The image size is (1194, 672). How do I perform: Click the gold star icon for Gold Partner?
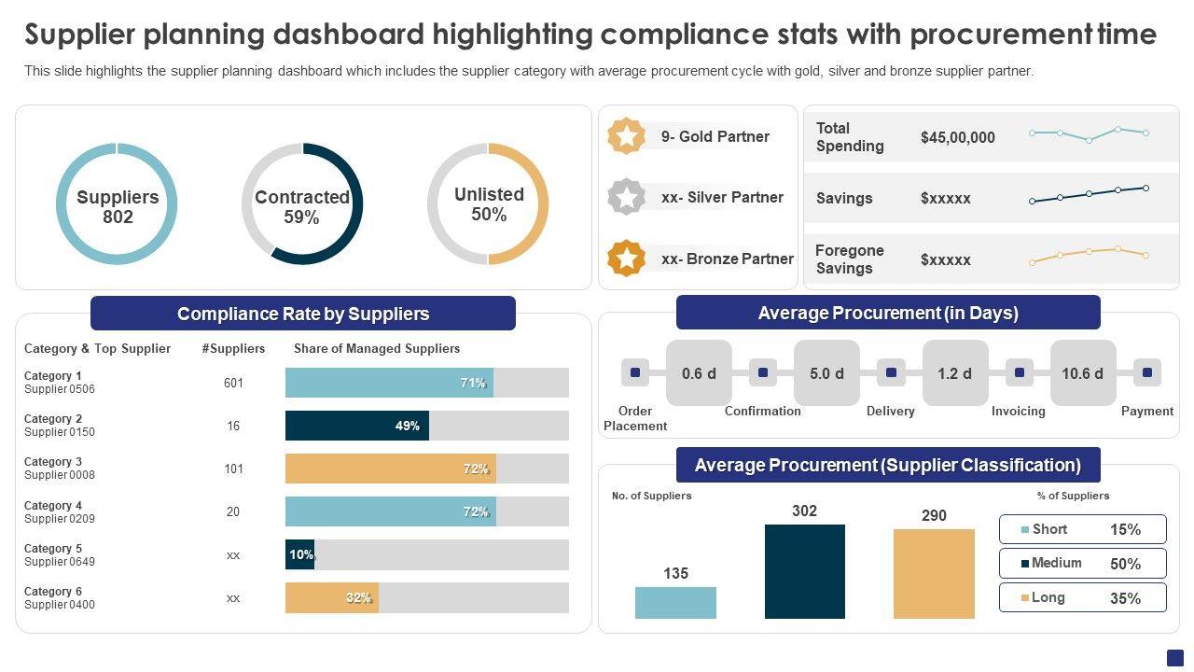coord(626,136)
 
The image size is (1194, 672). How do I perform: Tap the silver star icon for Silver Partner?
coord(626,197)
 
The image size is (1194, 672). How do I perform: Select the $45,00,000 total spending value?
coord(957,137)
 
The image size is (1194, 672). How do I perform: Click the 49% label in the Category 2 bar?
coord(408,426)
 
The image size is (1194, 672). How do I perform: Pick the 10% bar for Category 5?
coord(299,554)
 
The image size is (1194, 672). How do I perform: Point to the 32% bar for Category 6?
coord(331,598)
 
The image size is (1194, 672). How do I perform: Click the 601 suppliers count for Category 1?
coord(233,383)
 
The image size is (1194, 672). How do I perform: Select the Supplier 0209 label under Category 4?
coord(60,519)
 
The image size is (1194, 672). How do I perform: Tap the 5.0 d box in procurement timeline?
coord(826,373)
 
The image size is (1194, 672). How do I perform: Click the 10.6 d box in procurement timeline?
coord(1082,373)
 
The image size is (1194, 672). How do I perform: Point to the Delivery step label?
coord(890,412)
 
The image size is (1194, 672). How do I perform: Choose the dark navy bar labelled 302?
coord(804,571)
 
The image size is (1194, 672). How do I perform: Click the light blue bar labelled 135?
coord(675,603)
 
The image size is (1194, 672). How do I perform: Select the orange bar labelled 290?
coord(934,574)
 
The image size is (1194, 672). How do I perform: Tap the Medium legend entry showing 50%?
coord(1082,564)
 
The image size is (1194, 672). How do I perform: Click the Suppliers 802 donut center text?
coord(118,207)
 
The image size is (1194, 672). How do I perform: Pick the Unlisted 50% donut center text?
coord(489,204)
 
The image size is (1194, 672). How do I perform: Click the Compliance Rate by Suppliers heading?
coord(303,314)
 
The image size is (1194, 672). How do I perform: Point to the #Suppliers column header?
coord(233,349)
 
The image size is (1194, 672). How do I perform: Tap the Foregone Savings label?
coord(849,259)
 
